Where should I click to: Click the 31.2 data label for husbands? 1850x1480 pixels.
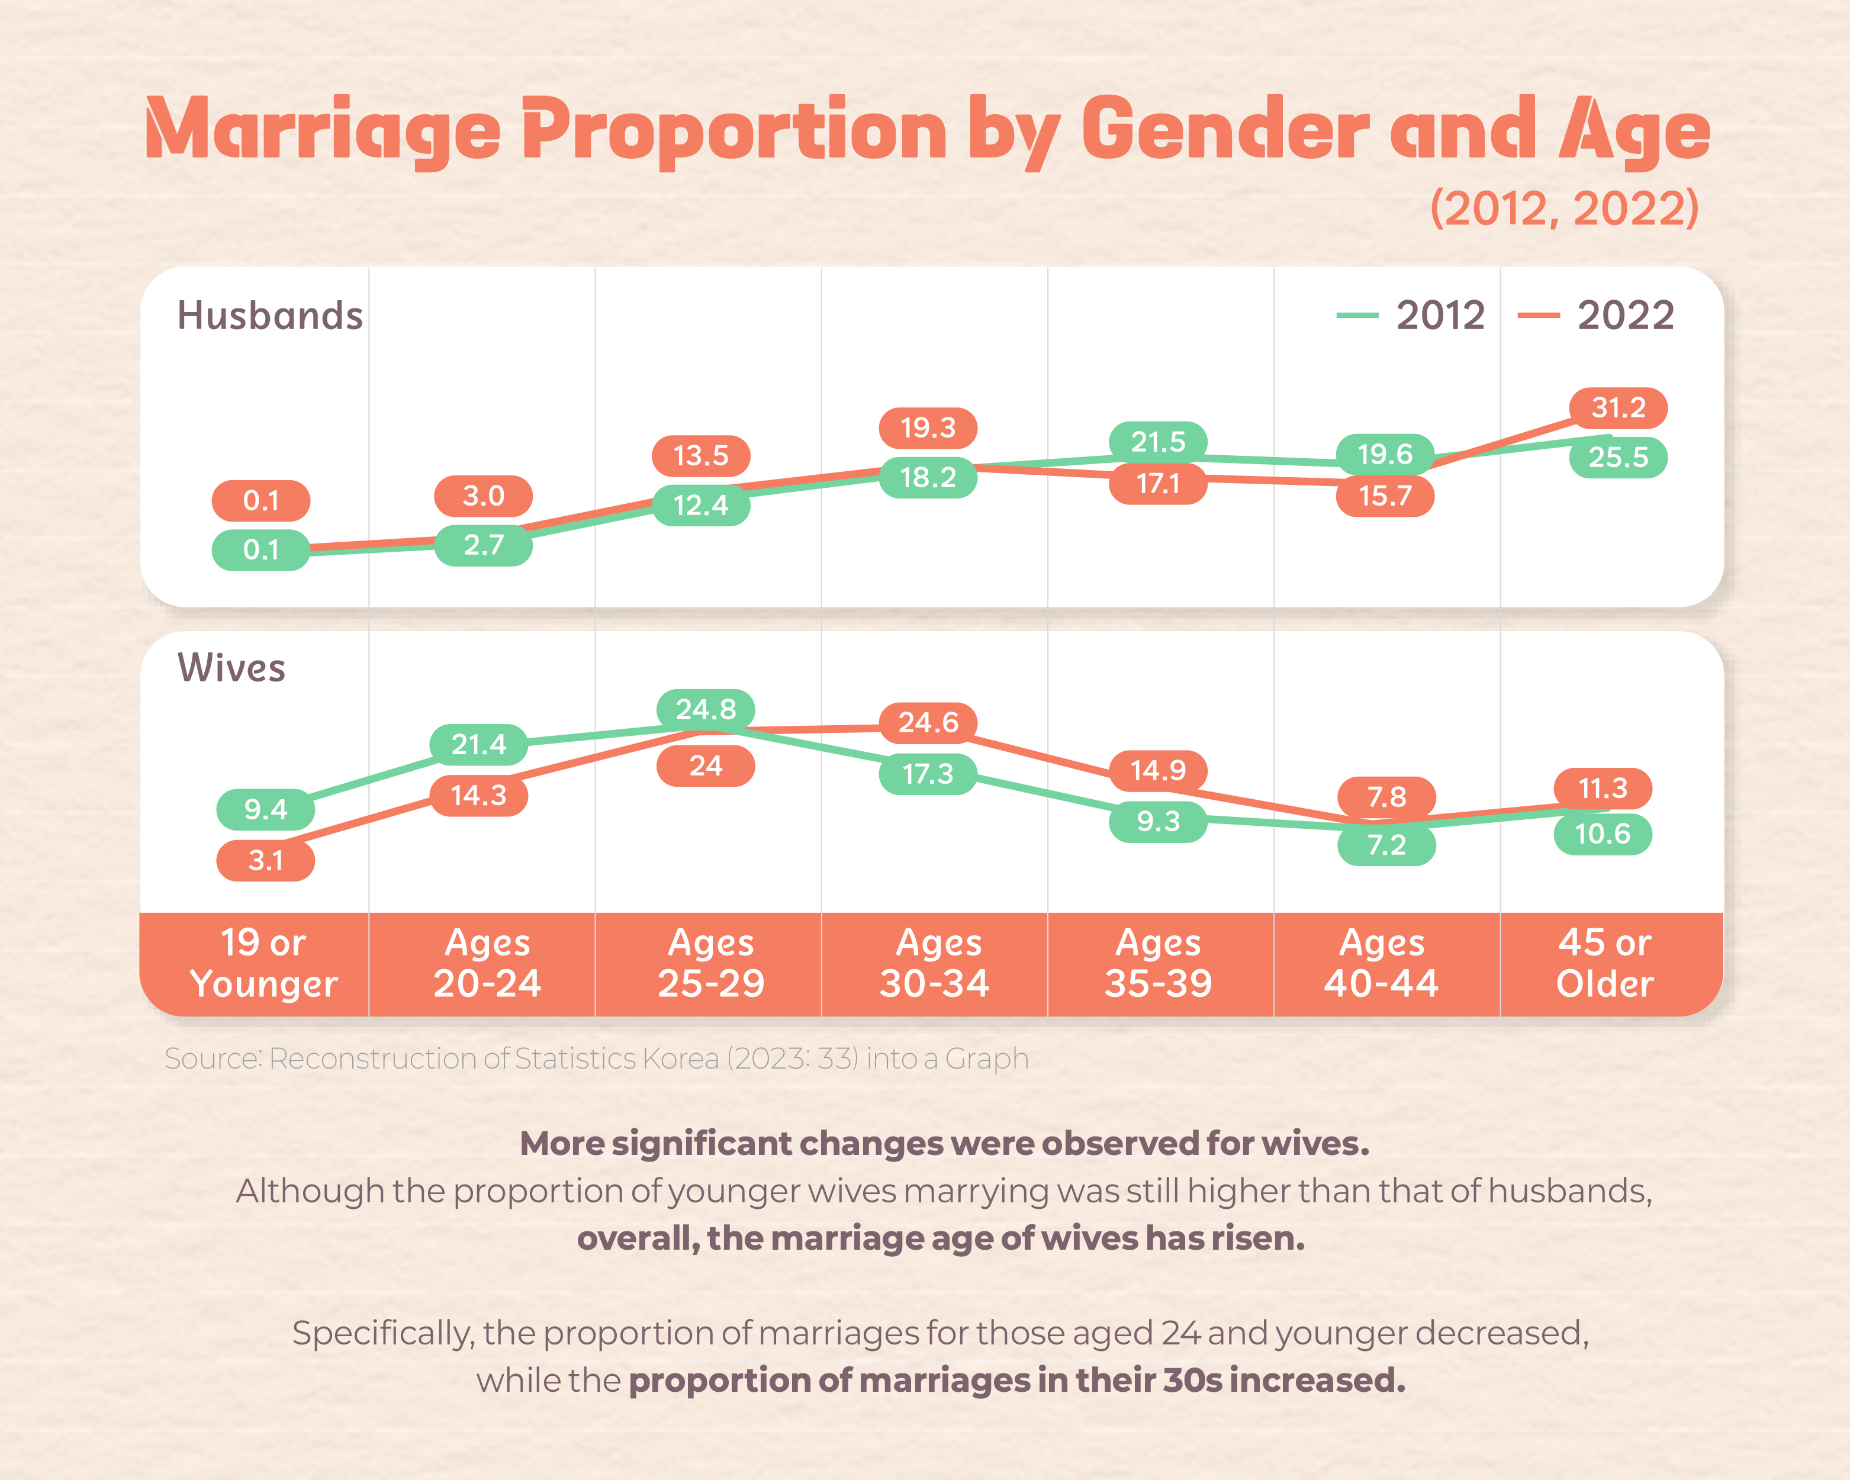click(x=1619, y=407)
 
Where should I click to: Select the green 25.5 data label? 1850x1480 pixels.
click(x=1619, y=457)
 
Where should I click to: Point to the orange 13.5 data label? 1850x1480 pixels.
click(x=700, y=456)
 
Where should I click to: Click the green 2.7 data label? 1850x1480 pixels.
click(x=483, y=545)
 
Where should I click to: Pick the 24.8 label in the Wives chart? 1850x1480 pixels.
click(x=705, y=710)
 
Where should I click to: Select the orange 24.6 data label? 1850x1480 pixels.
click(x=928, y=722)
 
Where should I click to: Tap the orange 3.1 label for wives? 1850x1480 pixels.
click(x=265, y=861)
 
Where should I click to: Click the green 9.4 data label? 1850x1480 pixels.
click(x=265, y=809)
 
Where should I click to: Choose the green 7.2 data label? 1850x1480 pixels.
click(x=1386, y=845)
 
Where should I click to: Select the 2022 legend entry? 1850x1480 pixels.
click(x=1596, y=316)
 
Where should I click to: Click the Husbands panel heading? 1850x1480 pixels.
click(x=269, y=316)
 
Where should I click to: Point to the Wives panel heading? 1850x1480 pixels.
click(x=231, y=668)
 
